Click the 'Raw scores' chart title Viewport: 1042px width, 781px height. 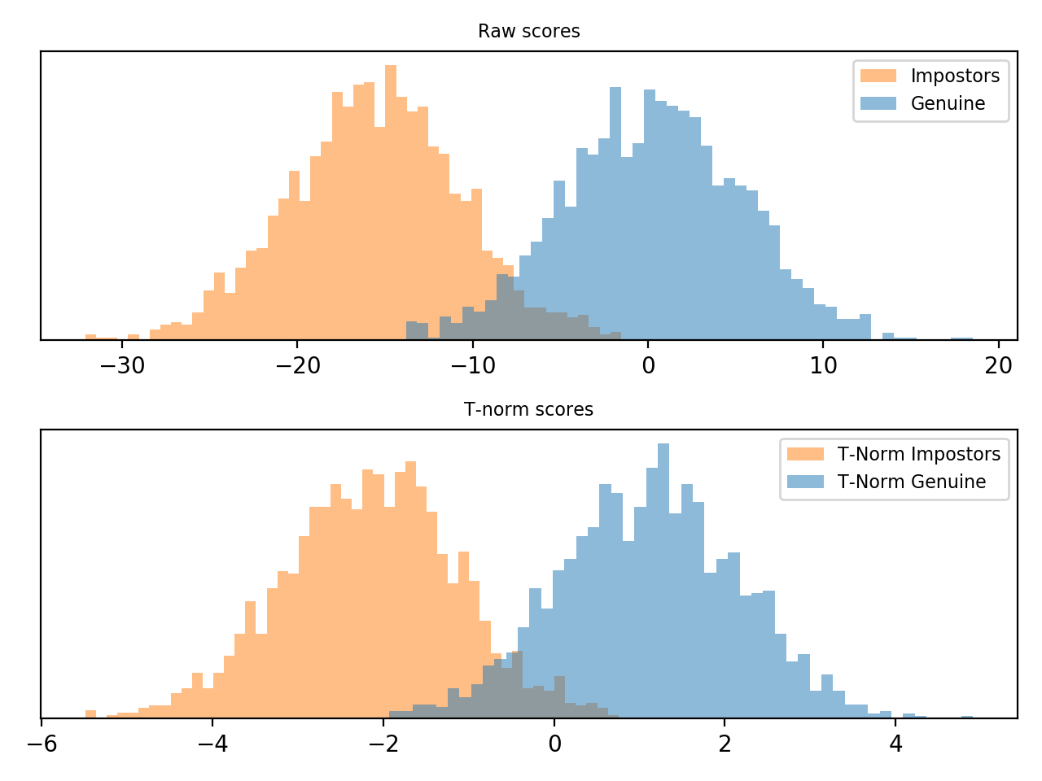pyautogui.click(x=528, y=32)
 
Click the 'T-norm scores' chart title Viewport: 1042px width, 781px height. pyautogui.click(x=528, y=410)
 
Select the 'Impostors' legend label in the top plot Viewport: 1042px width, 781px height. pyautogui.click(x=955, y=76)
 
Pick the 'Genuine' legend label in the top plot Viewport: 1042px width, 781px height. pyautogui.click(x=948, y=104)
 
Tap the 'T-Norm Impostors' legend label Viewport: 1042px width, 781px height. pyautogui.click(x=919, y=455)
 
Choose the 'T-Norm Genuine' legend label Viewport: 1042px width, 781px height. pyautogui.click(x=912, y=482)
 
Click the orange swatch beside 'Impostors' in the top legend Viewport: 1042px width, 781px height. pyautogui.click(x=878, y=76)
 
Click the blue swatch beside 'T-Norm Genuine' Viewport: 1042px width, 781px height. pyautogui.click(x=805, y=482)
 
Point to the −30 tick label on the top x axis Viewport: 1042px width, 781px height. pyautogui.click(x=122, y=366)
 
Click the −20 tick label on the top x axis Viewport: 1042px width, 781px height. pyautogui.click(x=297, y=366)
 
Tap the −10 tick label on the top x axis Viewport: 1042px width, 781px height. pyautogui.click(x=473, y=366)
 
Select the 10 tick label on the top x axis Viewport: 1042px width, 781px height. pyautogui.click(x=824, y=366)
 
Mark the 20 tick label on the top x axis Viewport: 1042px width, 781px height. pyautogui.click(x=999, y=366)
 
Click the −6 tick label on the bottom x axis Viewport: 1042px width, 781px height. pyautogui.click(x=42, y=744)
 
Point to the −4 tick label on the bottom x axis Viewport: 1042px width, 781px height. pyautogui.click(x=212, y=744)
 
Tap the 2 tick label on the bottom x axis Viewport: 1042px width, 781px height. pyautogui.click(x=725, y=744)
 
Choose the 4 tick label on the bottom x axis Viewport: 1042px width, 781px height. pyautogui.click(x=895, y=744)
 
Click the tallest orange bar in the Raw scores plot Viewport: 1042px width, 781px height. pyautogui.click(x=391, y=203)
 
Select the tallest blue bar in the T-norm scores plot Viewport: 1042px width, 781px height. pyautogui.click(x=663, y=581)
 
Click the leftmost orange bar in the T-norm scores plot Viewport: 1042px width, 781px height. pyautogui.click(x=90, y=713)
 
